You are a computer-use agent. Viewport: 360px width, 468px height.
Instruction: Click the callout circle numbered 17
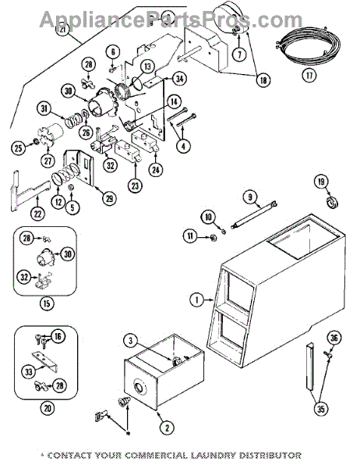[309, 75]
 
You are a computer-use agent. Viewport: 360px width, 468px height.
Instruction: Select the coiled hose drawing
[308, 44]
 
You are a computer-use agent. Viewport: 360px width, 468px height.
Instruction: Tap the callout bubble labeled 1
[197, 300]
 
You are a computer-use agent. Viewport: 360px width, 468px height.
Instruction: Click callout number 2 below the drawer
[167, 428]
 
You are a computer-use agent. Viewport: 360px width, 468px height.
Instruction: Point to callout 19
[321, 182]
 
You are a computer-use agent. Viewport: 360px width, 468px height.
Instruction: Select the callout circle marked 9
[250, 197]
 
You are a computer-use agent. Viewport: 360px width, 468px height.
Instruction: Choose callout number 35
[320, 408]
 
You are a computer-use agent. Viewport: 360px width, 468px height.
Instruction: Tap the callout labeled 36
[334, 339]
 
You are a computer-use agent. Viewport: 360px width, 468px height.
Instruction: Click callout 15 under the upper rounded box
[47, 303]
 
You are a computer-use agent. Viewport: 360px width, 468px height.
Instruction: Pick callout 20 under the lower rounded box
[48, 408]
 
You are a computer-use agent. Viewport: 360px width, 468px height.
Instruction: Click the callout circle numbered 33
[29, 372]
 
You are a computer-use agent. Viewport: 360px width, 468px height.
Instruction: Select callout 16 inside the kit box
[58, 336]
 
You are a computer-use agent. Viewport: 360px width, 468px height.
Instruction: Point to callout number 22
[38, 214]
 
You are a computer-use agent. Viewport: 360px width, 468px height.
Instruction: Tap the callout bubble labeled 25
[19, 147]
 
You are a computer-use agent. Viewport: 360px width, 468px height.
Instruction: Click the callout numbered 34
[179, 79]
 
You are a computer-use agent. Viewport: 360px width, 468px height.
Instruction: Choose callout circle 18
[263, 80]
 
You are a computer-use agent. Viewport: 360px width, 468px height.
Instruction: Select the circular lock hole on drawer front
[139, 387]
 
